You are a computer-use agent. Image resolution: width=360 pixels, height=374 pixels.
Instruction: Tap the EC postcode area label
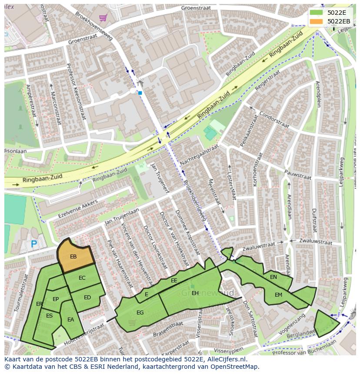pos(82,278)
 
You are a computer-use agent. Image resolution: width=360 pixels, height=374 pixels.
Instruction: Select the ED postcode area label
pos(87,298)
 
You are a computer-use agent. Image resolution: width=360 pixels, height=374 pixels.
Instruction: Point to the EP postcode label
pos(56,299)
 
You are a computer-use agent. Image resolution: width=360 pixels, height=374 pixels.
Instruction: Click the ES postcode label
pos(49,316)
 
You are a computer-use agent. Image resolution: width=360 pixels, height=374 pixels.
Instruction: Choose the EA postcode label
pos(71,320)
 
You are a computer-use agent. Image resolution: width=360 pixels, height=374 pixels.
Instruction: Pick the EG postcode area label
pos(140,312)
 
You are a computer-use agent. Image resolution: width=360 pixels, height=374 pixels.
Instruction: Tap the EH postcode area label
pos(195,293)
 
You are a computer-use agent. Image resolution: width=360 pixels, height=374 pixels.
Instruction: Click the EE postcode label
pos(174,281)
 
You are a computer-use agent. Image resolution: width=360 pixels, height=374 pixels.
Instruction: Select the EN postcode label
pos(273,277)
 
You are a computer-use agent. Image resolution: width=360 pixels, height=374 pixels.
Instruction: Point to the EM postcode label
pos(278,295)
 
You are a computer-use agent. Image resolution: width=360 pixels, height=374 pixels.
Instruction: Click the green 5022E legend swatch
pos(317,12)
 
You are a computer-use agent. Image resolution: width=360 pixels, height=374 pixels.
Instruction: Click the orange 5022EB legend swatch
pos(317,21)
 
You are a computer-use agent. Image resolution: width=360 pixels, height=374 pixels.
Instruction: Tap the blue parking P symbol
pos(34,245)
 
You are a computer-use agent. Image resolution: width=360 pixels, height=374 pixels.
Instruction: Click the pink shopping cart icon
pos(103,18)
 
